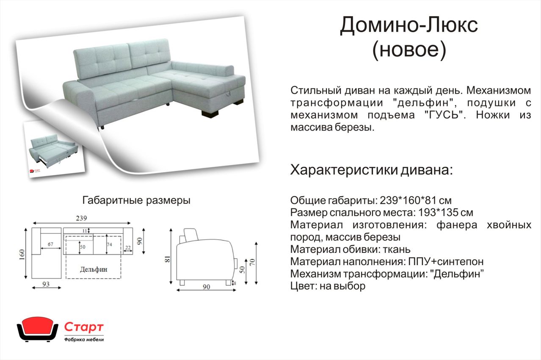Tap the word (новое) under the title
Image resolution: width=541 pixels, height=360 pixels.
(409, 50)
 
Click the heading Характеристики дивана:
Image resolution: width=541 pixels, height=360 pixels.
(371, 170)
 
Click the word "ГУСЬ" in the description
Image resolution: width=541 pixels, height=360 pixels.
(445, 115)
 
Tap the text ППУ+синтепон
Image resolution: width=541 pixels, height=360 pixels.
(446, 262)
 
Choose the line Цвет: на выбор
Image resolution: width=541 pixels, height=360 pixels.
(328, 286)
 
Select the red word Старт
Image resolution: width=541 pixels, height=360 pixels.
(84, 327)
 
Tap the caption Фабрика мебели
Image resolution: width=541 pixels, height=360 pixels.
(84, 340)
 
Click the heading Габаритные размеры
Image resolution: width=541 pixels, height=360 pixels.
(136, 200)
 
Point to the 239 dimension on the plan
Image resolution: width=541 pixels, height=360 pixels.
(81, 218)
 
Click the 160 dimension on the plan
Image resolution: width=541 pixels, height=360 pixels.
(22, 255)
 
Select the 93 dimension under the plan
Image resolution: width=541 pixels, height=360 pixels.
(46, 284)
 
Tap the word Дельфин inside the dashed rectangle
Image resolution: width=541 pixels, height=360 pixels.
(94, 269)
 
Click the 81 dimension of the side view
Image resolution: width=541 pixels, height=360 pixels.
(167, 259)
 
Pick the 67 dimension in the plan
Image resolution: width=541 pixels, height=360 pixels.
(50, 244)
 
